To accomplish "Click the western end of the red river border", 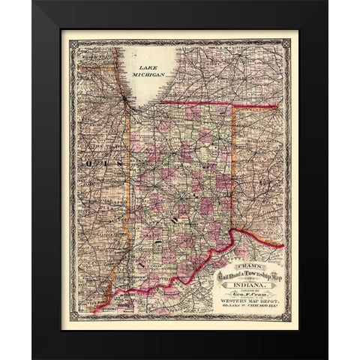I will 95,309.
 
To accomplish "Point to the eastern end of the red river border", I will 283,244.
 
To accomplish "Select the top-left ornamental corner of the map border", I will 73,43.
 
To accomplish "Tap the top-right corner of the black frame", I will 328,1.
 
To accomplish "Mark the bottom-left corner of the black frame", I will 32,358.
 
